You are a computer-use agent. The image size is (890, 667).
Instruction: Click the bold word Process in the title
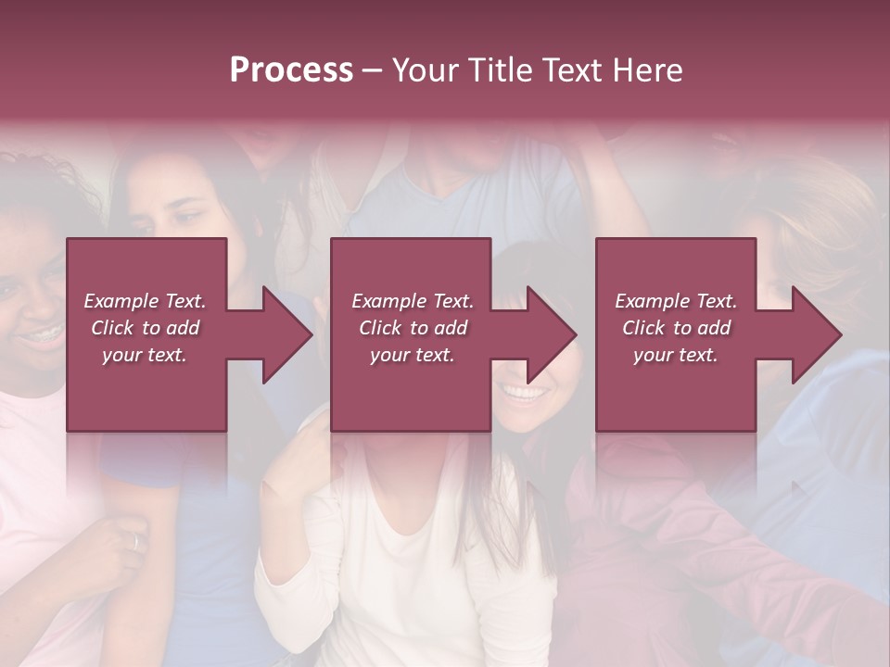(x=291, y=70)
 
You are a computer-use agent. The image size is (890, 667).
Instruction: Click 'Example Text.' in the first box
(x=145, y=301)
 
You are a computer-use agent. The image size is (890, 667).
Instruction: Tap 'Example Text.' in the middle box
(x=413, y=301)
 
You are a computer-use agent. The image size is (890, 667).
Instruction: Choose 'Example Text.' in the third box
(x=676, y=301)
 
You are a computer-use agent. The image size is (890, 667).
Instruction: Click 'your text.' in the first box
(x=145, y=355)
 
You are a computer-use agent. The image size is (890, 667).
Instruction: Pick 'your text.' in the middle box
(x=413, y=355)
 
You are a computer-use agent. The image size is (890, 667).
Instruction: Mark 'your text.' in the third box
(x=676, y=355)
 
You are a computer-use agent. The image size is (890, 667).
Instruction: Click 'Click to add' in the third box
(x=676, y=328)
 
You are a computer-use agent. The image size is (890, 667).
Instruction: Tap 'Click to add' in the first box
(x=145, y=328)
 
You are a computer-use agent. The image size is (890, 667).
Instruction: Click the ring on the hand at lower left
(x=135, y=543)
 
